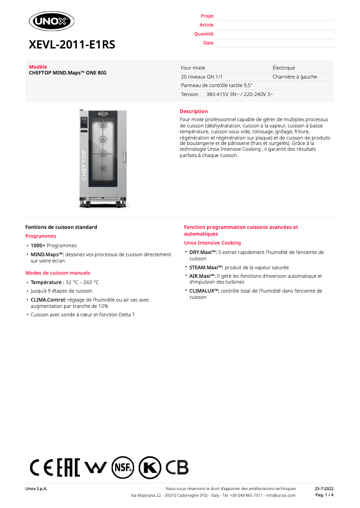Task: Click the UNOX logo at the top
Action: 51,21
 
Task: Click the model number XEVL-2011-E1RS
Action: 72,44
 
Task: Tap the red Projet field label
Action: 207,16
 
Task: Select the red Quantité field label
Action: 204,34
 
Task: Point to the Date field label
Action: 208,43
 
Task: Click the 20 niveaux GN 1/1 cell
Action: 202,77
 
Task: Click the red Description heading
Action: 193,111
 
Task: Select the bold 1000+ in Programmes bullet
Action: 38,245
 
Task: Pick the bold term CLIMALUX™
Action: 204,291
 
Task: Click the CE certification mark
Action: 41,468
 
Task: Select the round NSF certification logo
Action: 123,468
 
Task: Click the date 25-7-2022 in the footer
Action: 324,488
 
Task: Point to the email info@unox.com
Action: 281,495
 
